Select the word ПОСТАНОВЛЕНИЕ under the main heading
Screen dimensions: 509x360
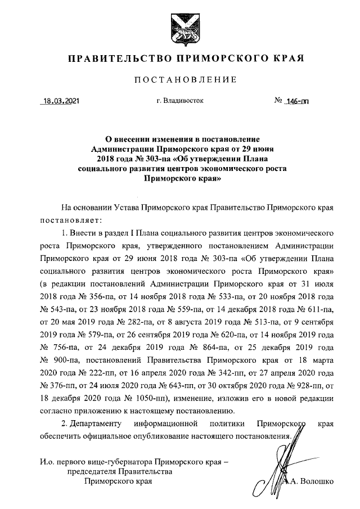[x=179, y=80]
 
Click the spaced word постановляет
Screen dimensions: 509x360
[x=70, y=218]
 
